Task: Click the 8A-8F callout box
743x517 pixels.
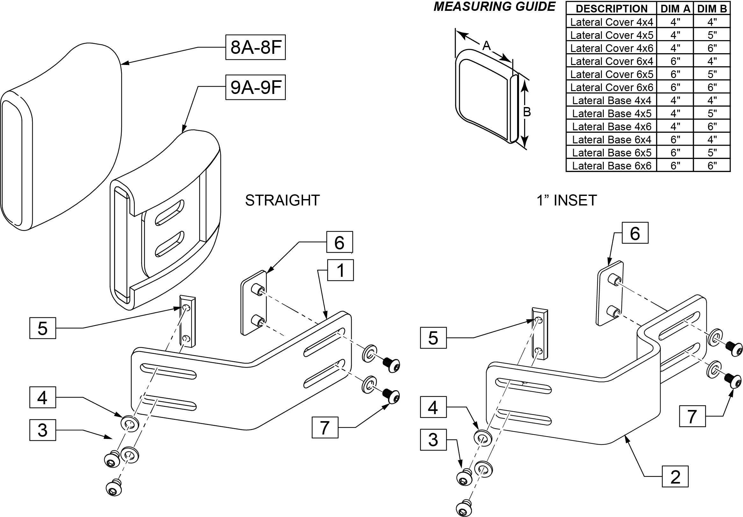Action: tap(255, 47)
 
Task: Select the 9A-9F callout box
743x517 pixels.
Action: tap(255, 87)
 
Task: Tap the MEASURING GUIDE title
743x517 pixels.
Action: tap(494, 7)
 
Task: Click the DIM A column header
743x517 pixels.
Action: tap(675, 9)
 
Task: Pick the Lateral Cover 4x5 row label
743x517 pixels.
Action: tap(612, 35)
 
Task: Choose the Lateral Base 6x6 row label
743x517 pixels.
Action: tap(612, 166)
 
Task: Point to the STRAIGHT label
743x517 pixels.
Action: tap(282, 200)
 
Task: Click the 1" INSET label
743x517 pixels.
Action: tap(566, 200)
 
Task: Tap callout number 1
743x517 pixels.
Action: tap(340, 270)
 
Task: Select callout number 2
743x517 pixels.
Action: tap(675, 477)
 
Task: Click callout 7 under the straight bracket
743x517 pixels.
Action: tap(325, 428)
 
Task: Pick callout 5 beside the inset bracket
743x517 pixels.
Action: tap(433, 338)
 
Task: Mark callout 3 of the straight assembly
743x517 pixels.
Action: tap(43, 430)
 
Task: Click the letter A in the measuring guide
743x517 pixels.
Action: tap(487, 46)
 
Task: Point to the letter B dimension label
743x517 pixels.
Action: tap(527, 112)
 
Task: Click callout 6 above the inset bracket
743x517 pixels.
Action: tap(635, 233)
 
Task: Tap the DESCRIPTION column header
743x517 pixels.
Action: tap(612, 9)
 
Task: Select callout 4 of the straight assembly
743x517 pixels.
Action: tap(43, 397)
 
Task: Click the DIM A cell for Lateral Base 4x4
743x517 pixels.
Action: tap(675, 100)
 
